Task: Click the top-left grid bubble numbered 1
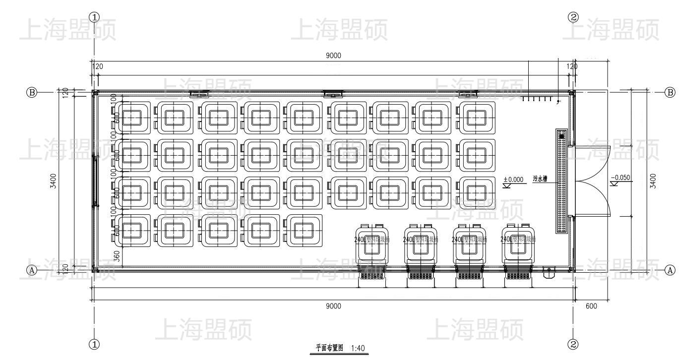[x=94, y=17]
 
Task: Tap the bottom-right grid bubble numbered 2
[x=573, y=344]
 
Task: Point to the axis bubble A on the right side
[x=670, y=270]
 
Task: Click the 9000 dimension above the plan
[x=333, y=56]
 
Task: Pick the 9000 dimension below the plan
[x=333, y=306]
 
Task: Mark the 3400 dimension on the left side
[x=60, y=180]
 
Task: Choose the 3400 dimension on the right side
[x=653, y=180]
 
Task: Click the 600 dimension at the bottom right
[x=591, y=306]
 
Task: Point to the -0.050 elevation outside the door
[x=621, y=178]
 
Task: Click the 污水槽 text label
[x=540, y=180]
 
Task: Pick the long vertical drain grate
[x=561, y=181]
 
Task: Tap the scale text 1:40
[x=358, y=348]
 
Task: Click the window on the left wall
[x=95, y=180]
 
